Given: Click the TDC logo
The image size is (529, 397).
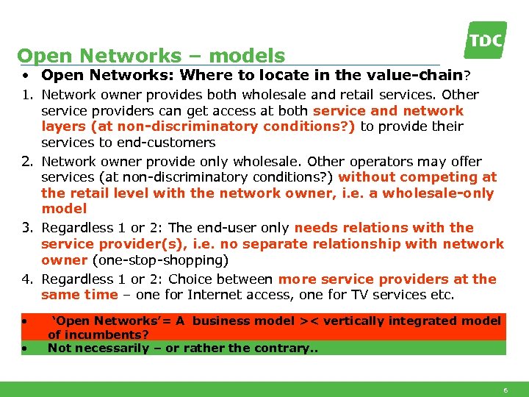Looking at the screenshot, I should coord(486,40).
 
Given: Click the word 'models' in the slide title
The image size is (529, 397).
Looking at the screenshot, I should coord(251,56).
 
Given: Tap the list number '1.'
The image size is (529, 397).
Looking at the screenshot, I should coord(27,95).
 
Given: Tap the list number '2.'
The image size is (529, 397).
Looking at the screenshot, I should coord(27,161).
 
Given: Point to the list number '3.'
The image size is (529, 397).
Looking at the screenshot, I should coord(27,228).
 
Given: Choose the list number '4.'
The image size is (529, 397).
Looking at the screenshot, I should coord(27,279).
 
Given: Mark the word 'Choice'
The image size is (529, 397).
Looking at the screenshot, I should coord(190,279).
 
